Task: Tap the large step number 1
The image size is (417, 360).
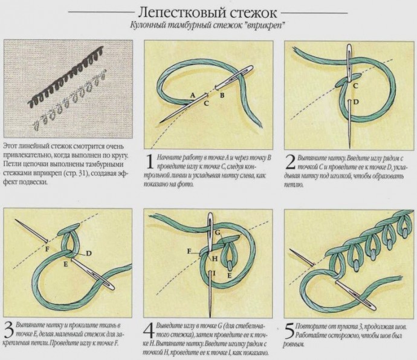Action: tap(150, 162)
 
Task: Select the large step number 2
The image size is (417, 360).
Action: tap(291, 162)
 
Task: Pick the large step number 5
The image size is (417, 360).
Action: tap(289, 330)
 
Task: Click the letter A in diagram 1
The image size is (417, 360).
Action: tap(193, 95)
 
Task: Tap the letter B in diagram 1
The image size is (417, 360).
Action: tap(222, 95)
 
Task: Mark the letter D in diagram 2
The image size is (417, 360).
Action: tap(356, 102)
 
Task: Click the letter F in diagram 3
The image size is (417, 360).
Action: tap(47, 249)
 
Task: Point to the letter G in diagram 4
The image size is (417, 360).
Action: tap(218, 233)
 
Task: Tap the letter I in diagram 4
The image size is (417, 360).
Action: tap(214, 274)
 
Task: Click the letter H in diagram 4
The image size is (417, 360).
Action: tap(215, 259)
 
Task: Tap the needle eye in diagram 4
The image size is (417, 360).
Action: tap(210, 223)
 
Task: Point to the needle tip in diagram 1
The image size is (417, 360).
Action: tap(160, 122)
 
